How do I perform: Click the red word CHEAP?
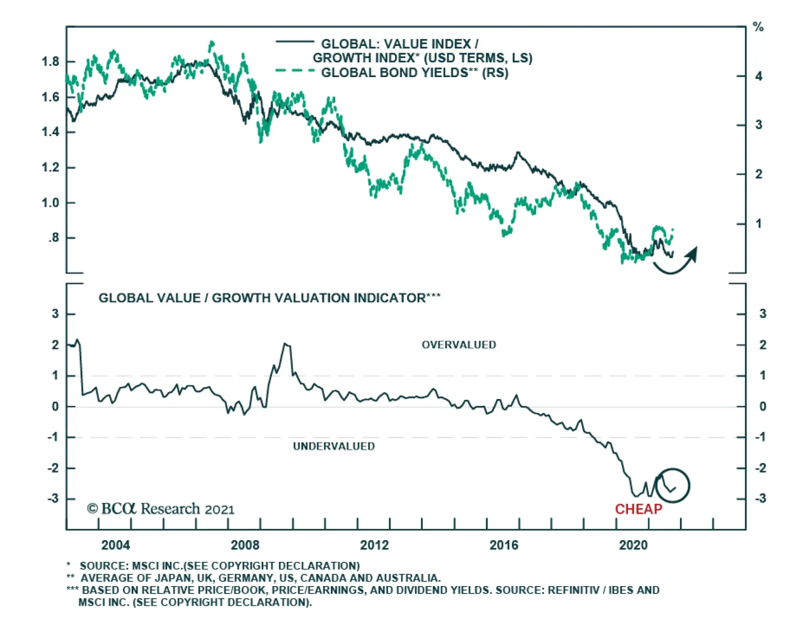point(638,509)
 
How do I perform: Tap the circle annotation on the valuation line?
point(672,485)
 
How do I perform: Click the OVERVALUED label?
point(459,345)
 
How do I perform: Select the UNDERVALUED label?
point(334,446)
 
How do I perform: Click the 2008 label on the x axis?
point(245,545)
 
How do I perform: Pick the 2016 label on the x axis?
point(504,545)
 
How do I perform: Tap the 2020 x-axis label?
point(633,545)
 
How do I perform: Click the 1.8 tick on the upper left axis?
point(50,62)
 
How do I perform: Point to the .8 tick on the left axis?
point(53,238)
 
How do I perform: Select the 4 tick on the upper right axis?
point(758,76)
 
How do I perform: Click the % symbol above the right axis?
point(758,27)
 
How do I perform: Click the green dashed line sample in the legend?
point(295,71)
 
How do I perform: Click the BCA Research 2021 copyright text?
point(161,509)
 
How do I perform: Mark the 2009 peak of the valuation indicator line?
point(285,344)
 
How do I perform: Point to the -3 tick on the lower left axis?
point(53,498)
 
